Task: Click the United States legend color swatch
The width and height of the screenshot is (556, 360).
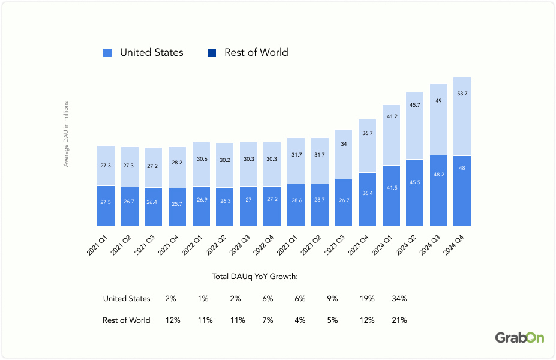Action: tap(107, 53)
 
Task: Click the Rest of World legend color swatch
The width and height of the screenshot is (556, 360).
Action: tap(212, 53)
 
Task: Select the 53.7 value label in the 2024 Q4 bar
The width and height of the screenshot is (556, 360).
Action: tap(462, 94)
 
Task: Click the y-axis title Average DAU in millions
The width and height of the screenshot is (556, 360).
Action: tap(67, 133)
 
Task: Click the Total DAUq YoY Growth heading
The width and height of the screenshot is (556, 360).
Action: tap(255, 277)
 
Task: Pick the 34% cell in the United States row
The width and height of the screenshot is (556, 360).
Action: tap(399, 298)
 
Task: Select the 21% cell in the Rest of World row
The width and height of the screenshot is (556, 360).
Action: tap(399, 320)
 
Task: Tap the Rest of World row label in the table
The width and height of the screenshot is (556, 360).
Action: tap(127, 320)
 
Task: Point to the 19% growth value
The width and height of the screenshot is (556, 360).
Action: tap(366, 298)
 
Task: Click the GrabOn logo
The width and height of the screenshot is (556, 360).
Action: tap(519, 338)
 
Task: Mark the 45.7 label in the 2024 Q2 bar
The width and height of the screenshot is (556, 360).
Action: tap(414, 105)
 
